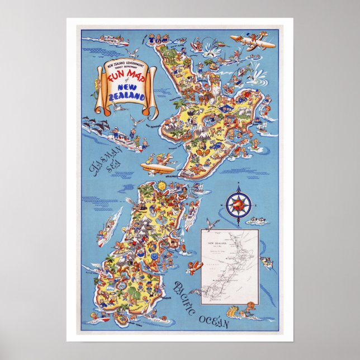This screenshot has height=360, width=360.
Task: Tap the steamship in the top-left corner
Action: click(x=106, y=40)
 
